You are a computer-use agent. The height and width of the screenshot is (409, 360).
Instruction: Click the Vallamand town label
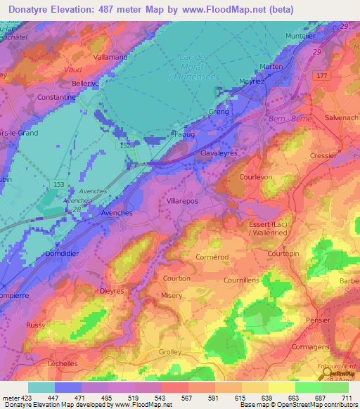click(x=110, y=56)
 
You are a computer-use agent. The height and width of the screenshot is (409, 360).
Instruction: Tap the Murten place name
click(x=271, y=67)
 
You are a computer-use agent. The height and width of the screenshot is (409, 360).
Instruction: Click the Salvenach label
click(x=342, y=119)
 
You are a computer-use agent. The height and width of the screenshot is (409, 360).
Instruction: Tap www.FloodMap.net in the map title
click(x=224, y=9)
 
